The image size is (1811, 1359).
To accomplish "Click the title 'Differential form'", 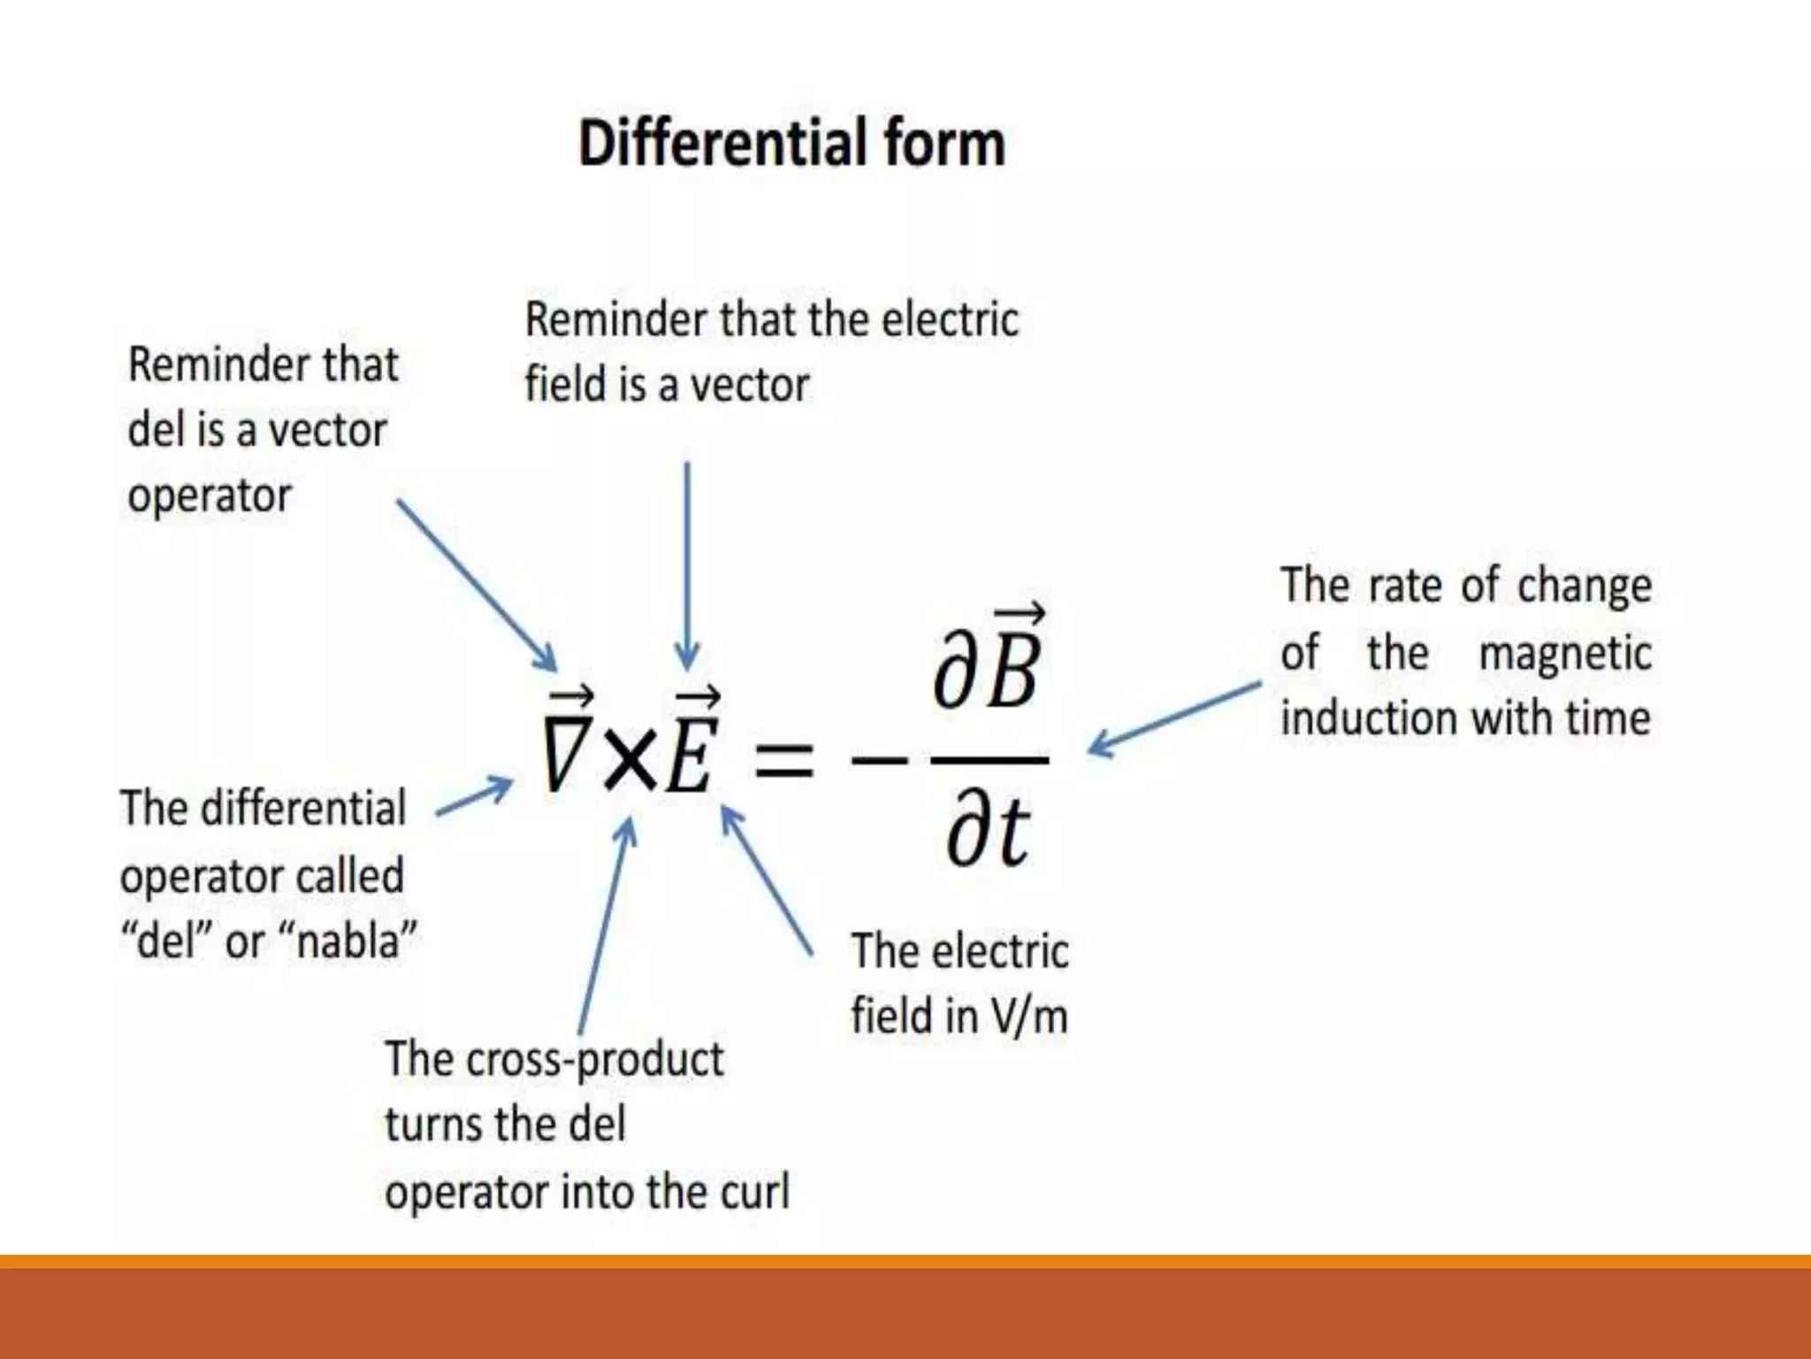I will pos(791,143).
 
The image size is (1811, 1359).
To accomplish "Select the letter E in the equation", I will pos(690,752).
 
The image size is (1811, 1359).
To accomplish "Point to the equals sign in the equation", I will pos(783,760).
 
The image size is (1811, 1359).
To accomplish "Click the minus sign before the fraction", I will pos(879,759).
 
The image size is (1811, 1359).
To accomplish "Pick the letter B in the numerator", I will pos(1013,668).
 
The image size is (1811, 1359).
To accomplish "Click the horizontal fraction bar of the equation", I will pos(990,759).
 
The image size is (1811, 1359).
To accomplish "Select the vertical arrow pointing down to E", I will pos(687,566).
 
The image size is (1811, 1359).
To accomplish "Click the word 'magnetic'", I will pos(1564,654).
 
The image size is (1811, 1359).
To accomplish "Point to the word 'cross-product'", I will pos(594,1059).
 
